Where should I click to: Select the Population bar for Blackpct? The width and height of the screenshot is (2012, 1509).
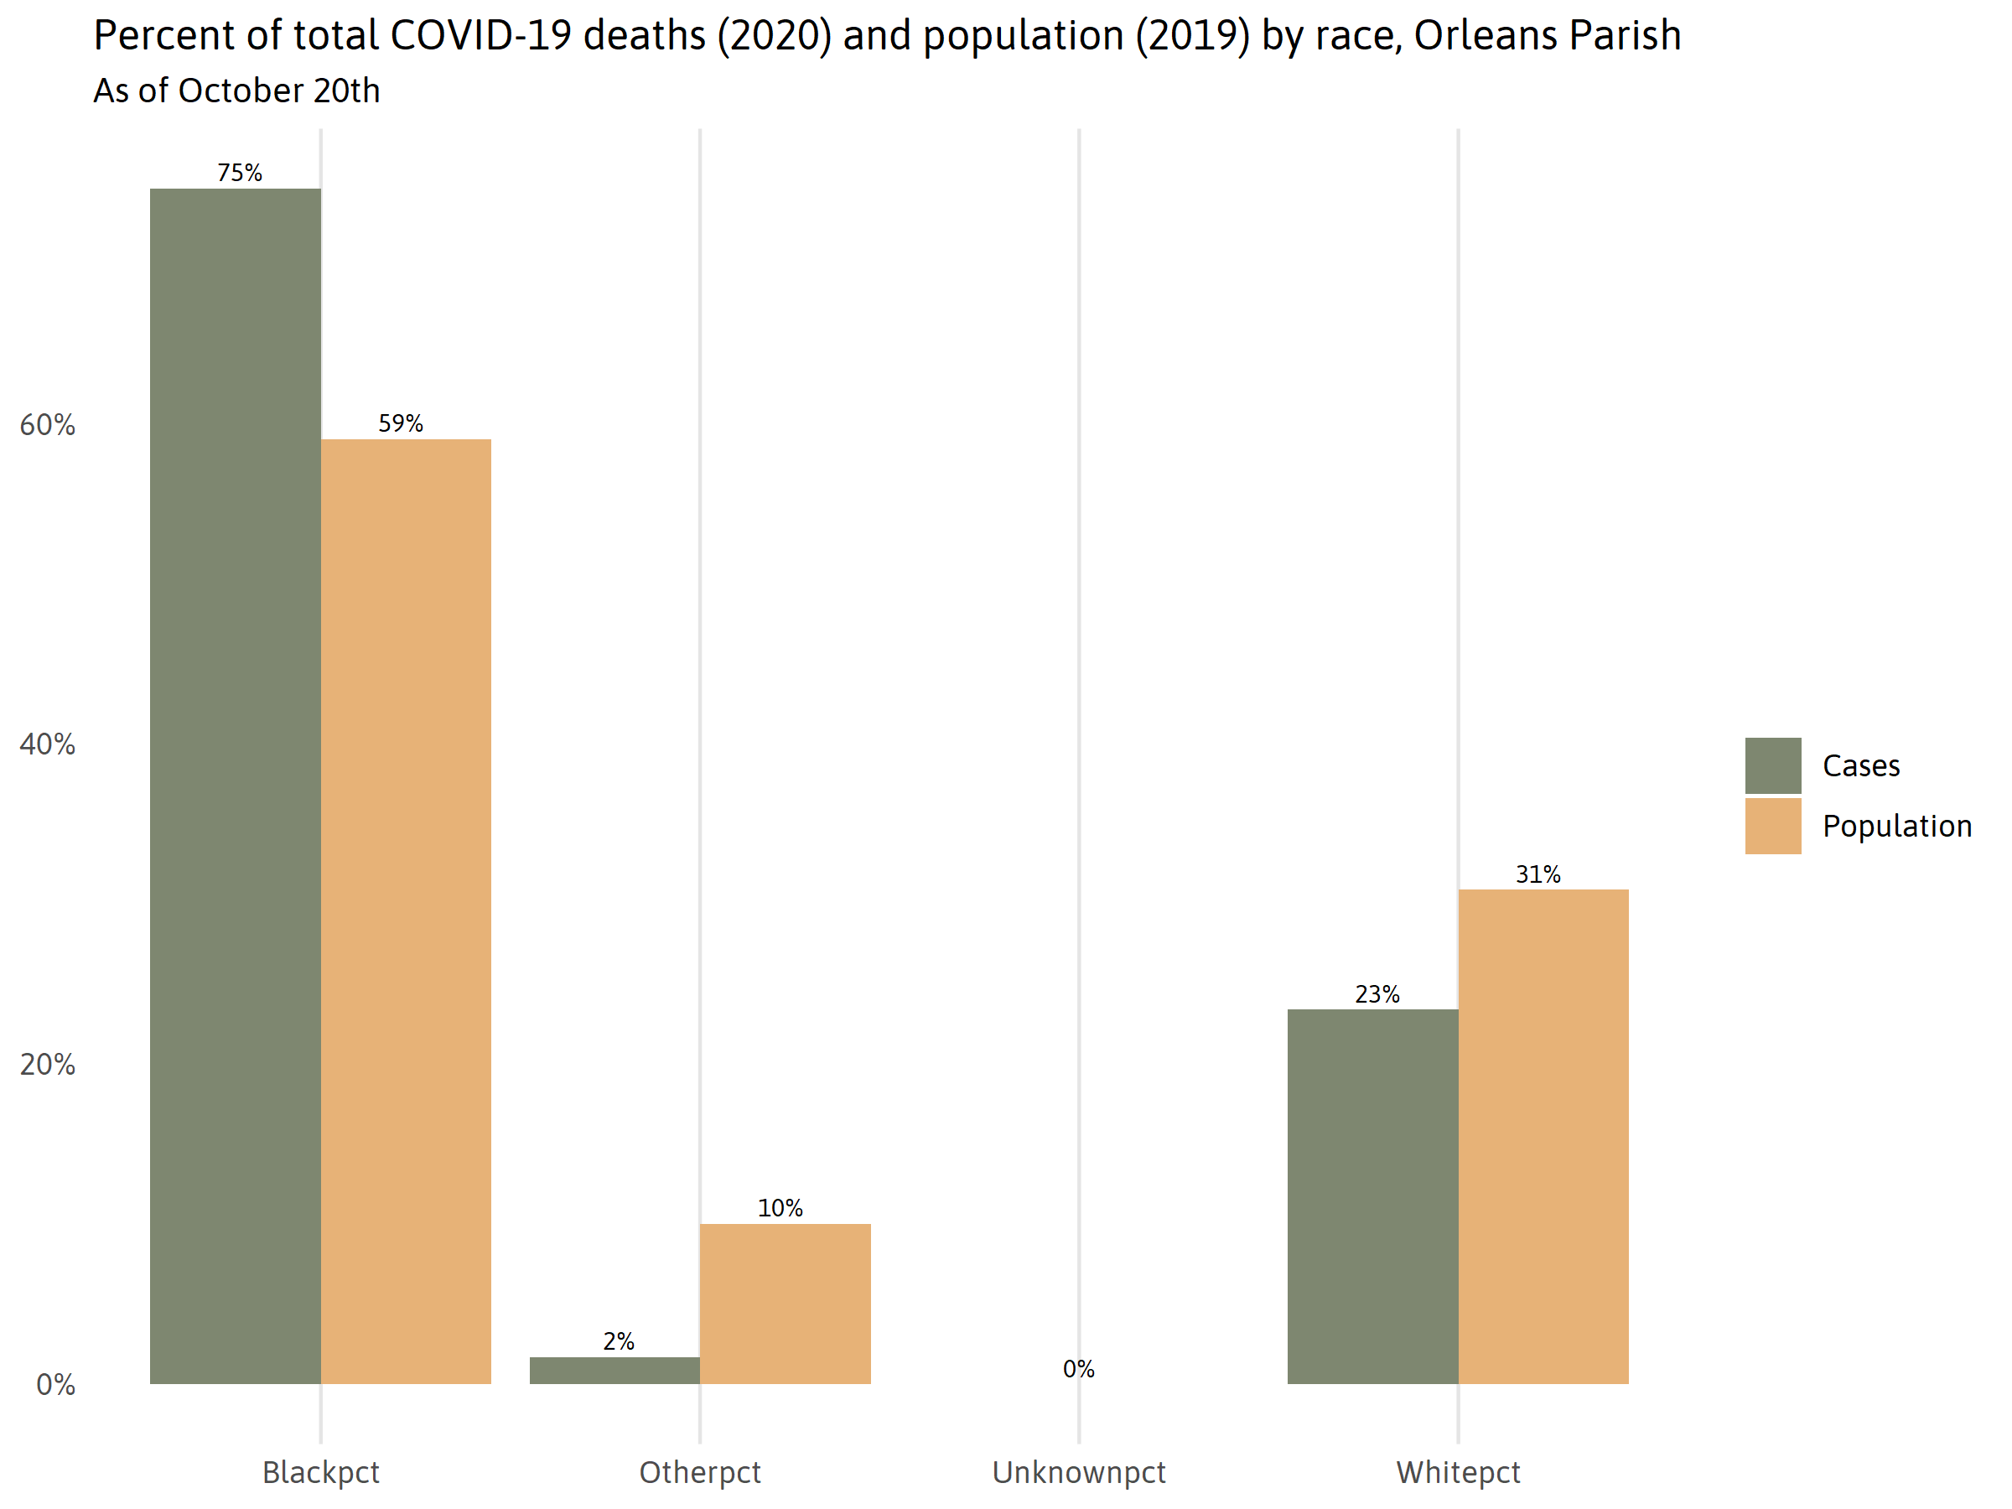coord(406,911)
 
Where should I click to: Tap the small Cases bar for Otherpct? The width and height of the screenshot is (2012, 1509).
coord(614,1371)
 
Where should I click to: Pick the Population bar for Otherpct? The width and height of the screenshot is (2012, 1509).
coord(785,1304)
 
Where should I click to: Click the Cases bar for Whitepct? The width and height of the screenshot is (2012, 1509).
coord(1372,1196)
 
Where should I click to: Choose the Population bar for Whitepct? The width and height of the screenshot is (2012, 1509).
coord(1543,1137)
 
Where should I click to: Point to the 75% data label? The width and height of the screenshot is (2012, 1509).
coord(239,173)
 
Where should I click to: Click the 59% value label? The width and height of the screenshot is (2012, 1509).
coord(401,423)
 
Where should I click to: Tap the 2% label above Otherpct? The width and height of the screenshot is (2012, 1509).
coord(619,1340)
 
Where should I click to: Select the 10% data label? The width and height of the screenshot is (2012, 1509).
coord(780,1208)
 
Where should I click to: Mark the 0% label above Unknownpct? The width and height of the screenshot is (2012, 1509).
coord(1079,1369)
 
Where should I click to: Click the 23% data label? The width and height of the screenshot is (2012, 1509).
coord(1377,994)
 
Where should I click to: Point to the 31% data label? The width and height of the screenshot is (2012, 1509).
coord(1538,874)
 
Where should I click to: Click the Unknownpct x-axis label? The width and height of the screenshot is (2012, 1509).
coord(1079,1473)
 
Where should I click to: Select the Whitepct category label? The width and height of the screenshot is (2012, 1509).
coord(1458,1473)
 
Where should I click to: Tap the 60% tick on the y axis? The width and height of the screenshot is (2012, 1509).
coord(47,425)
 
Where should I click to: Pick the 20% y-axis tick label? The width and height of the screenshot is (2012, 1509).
coord(47,1064)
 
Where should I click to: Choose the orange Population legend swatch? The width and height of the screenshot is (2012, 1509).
coord(1773,826)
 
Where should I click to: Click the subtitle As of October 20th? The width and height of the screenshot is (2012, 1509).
coord(236,91)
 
